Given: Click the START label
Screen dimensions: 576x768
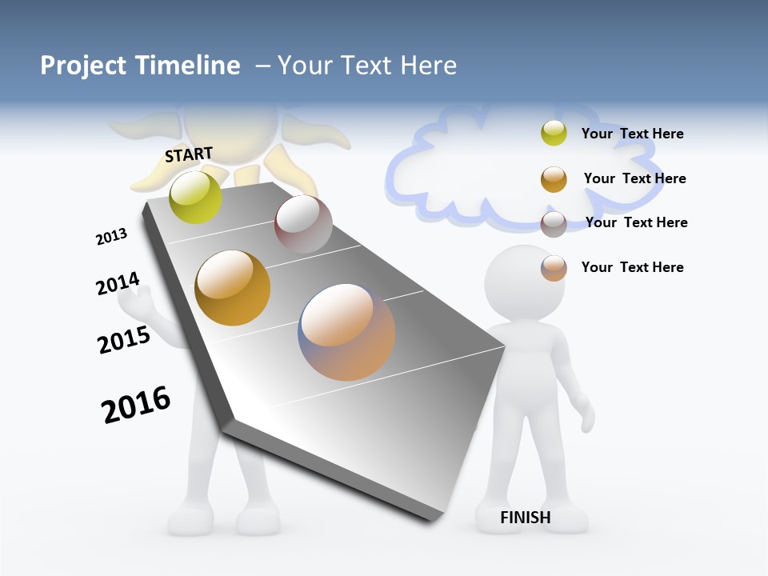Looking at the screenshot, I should [x=189, y=154].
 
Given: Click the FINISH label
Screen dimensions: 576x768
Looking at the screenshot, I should [x=525, y=518].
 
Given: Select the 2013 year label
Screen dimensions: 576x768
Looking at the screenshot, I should [x=112, y=237].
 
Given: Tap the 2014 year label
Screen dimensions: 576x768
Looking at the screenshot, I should [x=118, y=284].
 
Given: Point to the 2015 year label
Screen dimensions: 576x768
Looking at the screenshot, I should [x=124, y=340].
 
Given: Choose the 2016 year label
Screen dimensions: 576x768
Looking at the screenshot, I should [x=136, y=405].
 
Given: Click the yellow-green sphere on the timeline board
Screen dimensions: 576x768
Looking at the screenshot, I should [x=195, y=197].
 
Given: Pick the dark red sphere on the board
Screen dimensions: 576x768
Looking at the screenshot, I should [x=303, y=224].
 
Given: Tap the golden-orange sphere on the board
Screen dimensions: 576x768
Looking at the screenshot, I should [x=233, y=288].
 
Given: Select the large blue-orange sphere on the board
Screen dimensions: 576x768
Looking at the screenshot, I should [x=346, y=332].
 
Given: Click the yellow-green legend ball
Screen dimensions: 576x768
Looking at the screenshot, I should [x=554, y=133].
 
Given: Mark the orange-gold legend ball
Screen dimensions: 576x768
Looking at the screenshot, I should [x=554, y=179].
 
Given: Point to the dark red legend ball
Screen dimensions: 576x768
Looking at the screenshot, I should [x=554, y=224].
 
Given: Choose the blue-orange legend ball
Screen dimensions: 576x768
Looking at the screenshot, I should [x=554, y=268].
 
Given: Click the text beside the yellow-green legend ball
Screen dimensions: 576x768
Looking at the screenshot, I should [x=632, y=134].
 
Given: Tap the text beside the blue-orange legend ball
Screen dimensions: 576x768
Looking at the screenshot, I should [x=632, y=267].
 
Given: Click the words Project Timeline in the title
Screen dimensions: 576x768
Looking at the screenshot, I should [x=140, y=66].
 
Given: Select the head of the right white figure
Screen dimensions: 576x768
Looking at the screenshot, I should [x=525, y=284].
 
